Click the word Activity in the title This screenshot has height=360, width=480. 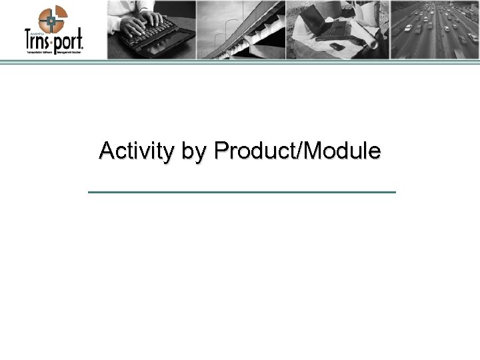(x=136, y=151)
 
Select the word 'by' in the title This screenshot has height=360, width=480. (x=193, y=152)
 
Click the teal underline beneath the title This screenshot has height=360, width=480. (x=241, y=192)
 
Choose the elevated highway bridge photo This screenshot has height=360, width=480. (x=240, y=30)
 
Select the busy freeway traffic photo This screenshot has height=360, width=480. (x=434, y=30)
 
